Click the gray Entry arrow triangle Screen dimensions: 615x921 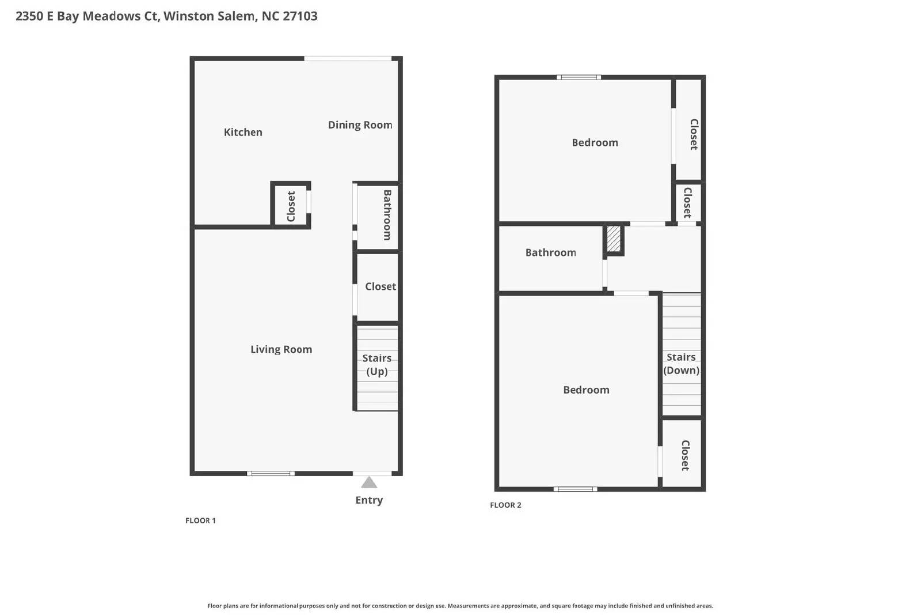[369, 482]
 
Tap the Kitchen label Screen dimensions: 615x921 [243, 132]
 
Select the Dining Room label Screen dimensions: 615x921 [360, 125]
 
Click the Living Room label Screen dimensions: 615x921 [281, 349]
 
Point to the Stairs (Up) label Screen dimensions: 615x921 [376, 365]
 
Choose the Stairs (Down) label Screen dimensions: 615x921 [681, 364]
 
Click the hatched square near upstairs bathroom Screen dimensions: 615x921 [614, 239]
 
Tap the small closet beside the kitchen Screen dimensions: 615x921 [291, 206]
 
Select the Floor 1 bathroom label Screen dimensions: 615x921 [387, 215]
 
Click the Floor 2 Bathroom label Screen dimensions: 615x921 [550, 252]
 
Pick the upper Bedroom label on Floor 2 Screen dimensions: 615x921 [595, 142]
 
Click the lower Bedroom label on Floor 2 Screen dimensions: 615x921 [586, 390]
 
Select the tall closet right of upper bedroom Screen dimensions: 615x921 [694, 134]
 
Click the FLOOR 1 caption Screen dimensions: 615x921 [200, 520]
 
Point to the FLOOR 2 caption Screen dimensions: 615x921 [505, 505]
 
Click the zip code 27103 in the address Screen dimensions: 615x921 [300, 16]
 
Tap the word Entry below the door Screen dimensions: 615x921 [369, 500]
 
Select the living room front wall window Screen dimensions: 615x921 [271, 473]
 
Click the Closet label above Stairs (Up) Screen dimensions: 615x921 [380, 286]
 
